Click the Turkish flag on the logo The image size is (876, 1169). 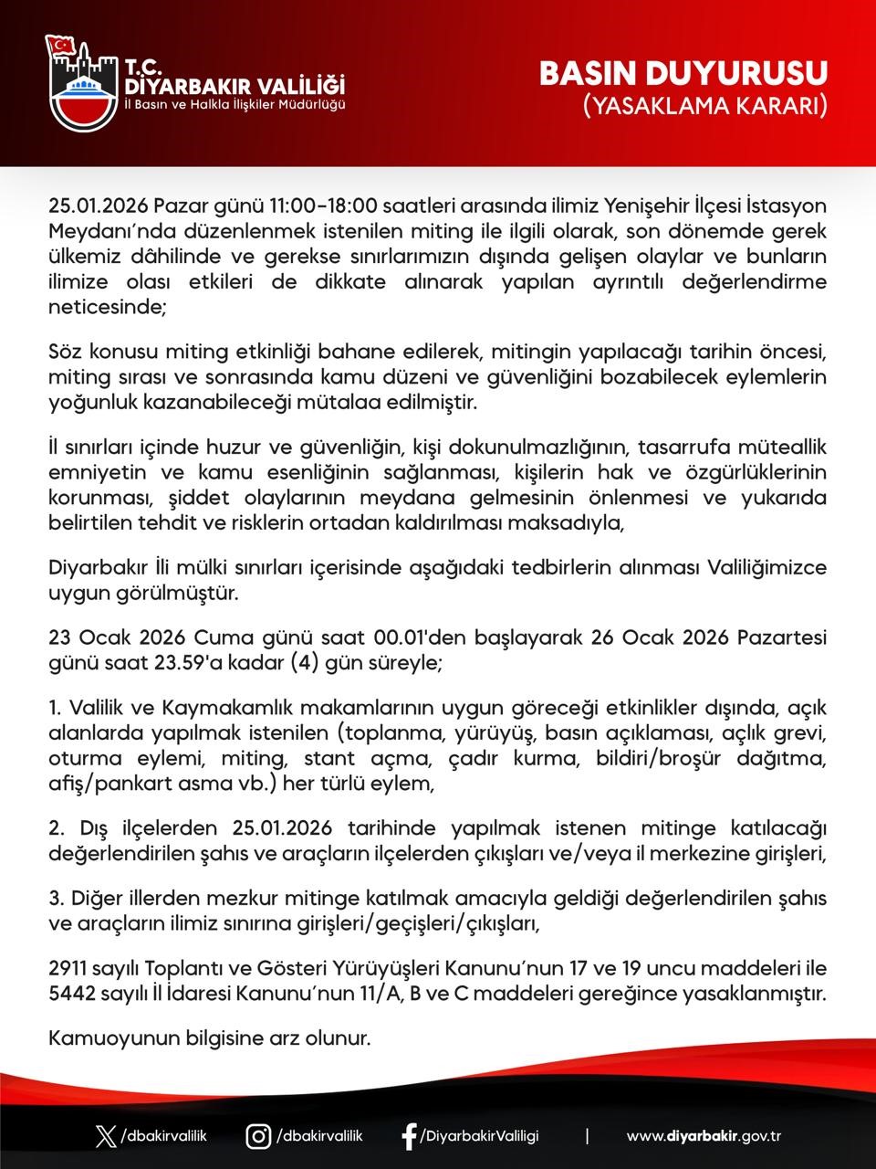point(63,44)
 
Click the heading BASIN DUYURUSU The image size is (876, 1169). point(683,74)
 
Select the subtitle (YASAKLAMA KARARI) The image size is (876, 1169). point(705,106)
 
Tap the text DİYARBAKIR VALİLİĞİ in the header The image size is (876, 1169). point(235,86)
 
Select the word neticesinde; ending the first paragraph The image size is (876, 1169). point(108,308)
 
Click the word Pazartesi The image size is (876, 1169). point(780,637)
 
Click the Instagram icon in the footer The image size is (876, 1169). point(259,1136)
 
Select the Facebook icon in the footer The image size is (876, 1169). point(410,1136)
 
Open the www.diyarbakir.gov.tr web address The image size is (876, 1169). point(704,1136)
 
